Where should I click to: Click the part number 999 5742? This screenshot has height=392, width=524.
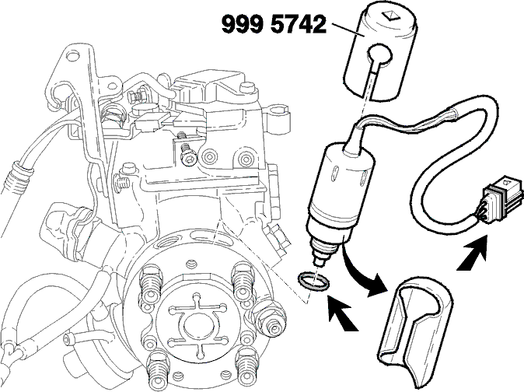pyautogui.click(x=274, y=24)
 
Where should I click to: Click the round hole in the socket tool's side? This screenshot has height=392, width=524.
pyautogui.click(x=380, y=54)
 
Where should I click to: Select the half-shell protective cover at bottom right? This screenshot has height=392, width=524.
pyautogui.click(x=415, y=331)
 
